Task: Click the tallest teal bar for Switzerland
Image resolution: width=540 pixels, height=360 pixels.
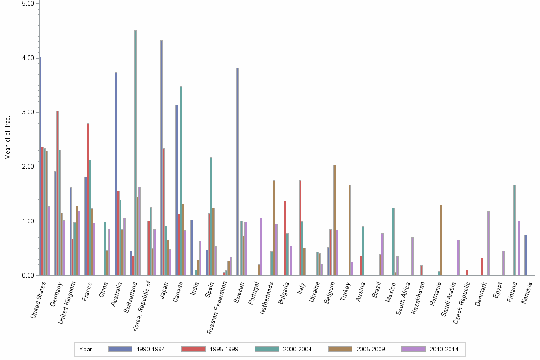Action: [x=135, y=153]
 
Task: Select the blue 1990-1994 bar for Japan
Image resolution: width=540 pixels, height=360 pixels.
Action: [x=161, y=158]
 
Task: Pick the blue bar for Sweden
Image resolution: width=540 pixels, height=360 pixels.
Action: [x=237, y=171]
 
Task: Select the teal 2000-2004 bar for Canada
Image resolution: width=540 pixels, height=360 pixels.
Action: [x=181, y=180]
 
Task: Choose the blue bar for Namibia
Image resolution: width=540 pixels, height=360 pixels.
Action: [x=525, y=255]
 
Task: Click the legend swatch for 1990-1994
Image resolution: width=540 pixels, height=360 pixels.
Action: [x=120, y=349]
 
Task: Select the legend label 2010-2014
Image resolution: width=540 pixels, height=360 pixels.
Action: [x=444, y=350]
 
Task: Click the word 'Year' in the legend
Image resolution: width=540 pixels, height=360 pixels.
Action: [x=86, y=350]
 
